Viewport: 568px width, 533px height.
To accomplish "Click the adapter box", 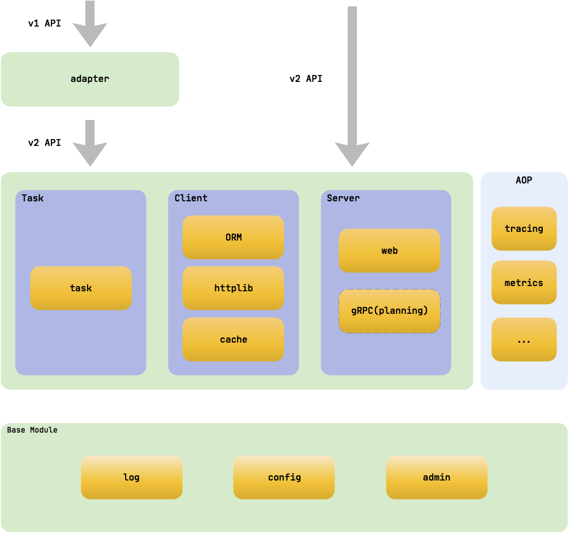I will [x=89, y=79].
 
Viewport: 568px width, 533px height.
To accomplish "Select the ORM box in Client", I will [x=233, y=237].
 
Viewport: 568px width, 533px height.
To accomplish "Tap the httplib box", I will [x=233, y=288].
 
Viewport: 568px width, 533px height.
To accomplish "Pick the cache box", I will [x=233, y=339].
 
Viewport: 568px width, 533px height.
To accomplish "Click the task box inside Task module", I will [x=81, y=288].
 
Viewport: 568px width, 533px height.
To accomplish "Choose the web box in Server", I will [x=389, y=250].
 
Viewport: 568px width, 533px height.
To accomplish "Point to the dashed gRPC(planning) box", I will [x=389, y=311].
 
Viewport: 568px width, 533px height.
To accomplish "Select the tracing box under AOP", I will [x=524, y=228].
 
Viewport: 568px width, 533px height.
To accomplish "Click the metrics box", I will [x=524, y=282].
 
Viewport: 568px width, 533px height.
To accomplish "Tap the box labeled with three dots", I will [x=524, y=339].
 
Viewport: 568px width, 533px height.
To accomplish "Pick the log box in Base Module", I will [x=131, y=477].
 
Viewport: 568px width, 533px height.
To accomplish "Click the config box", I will [x=284, y=477].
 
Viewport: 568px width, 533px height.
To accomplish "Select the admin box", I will [x=437, y=477].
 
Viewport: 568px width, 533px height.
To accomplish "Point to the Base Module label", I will [x=32, y=430].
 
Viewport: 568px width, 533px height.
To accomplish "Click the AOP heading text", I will [x=524, y=180].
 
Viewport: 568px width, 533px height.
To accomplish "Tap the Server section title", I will [x=343, y=198].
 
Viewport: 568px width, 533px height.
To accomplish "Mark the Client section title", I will [x=191, y=198].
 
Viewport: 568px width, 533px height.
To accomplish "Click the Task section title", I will [x=32, y=198].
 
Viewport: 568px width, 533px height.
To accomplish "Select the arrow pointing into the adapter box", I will [x=89, y=26].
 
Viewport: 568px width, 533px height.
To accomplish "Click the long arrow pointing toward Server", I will [x=352, y=87].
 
